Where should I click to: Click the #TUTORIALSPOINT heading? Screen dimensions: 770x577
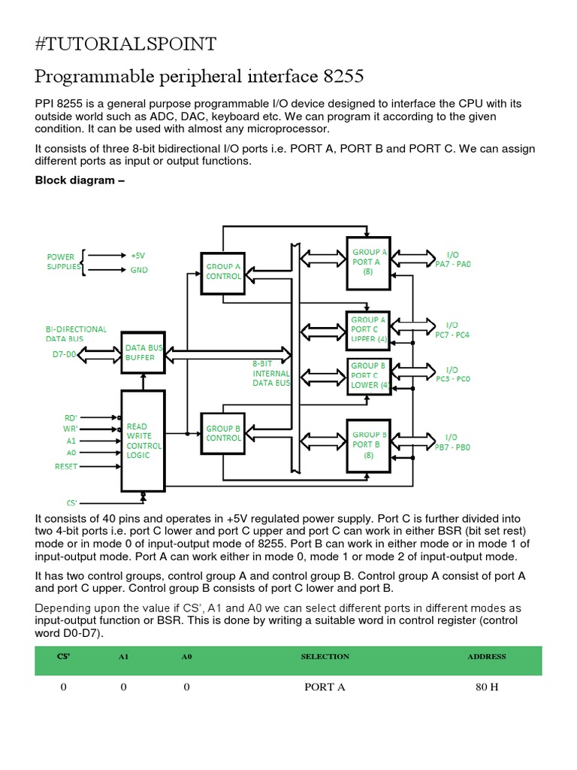pos(125,44)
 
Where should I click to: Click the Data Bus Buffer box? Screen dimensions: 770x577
pos(143,352)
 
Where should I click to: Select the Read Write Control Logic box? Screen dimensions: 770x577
pos(143,441)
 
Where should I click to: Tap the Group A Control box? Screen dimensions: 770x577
pos(222,271)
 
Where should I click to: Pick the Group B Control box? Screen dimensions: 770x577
pos(222,433)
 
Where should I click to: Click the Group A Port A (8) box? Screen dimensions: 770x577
pos(368,262)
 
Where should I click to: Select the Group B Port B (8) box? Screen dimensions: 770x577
pos(368,444)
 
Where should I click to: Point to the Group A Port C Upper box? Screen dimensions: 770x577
pos(368,329)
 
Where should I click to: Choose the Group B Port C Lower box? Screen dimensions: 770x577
pos(368,375)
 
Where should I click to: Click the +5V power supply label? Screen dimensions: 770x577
pos(138,255)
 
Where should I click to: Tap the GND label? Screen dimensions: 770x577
pos(139,269)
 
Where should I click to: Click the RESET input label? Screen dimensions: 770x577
pos(66,466)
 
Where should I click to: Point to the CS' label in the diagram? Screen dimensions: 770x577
pos(71,502)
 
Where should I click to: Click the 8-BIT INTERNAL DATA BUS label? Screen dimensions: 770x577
pos(270,373)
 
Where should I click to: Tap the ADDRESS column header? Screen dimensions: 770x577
pos(486,656)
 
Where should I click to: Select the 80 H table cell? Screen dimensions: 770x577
pos(487,687)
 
